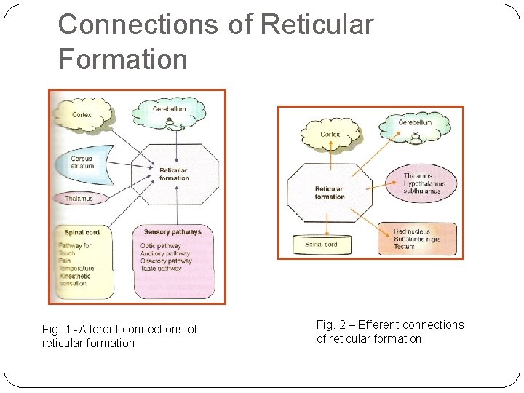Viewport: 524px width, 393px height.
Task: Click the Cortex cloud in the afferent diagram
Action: point(82,114)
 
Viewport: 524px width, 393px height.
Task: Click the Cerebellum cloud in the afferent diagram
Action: point(169,111)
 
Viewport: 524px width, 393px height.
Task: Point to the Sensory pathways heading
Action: point(172,232)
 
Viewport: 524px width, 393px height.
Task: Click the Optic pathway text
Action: point(161,246)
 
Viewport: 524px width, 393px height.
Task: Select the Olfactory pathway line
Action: point(166,261)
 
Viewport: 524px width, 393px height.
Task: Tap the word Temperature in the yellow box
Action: point(76,269)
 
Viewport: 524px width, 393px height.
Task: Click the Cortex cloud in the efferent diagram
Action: point(330,134)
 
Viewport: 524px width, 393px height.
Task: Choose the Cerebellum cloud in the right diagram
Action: point(415,124)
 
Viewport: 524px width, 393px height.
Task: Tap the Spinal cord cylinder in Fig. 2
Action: point(321,245)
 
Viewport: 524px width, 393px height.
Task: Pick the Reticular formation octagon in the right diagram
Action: point(329,193)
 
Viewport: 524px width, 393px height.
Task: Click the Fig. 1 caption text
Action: point(119,336)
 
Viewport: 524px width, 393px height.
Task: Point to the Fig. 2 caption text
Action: point(389,331)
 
